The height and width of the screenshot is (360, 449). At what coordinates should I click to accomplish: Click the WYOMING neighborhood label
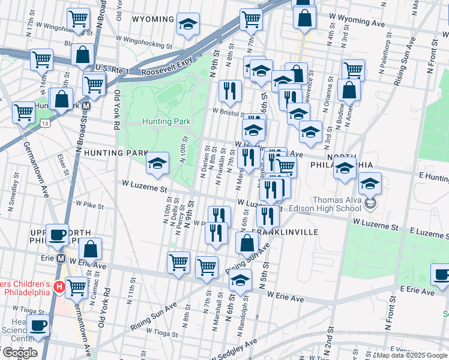pos(152,19)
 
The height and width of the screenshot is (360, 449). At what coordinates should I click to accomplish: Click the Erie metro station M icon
pos(60,259)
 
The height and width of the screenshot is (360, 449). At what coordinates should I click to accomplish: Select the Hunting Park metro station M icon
pos(86,105)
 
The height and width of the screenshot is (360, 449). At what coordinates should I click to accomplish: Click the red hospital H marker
pos(59,287)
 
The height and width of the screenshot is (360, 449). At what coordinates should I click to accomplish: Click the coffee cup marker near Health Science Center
pos(38,325)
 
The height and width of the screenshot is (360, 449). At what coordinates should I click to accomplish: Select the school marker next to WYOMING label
pos(188,25)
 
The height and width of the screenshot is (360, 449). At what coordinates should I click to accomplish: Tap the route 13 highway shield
pos(46,123)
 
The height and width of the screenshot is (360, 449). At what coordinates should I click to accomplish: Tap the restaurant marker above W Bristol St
pos(230,91)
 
